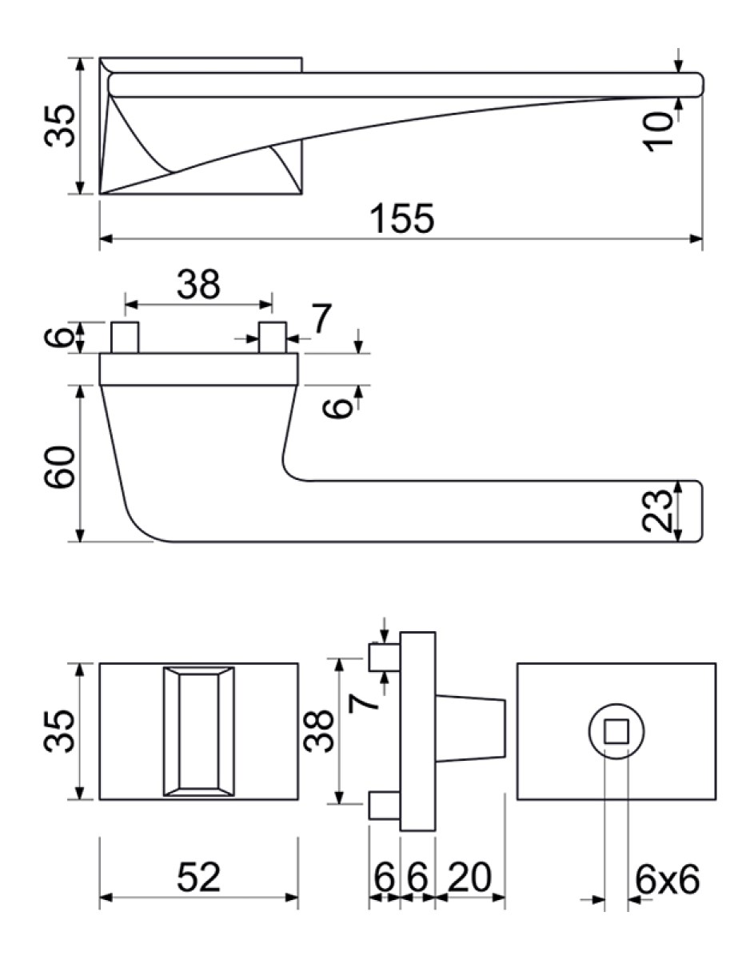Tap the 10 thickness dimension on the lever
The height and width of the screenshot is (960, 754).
point(657,132)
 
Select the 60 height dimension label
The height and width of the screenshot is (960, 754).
point(58,467)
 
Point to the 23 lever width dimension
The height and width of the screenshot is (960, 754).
point(656,510)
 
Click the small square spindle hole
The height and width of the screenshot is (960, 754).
point(616,731)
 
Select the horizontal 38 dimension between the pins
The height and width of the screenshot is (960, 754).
point(198,285)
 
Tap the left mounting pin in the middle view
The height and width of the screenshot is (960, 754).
point(125,338)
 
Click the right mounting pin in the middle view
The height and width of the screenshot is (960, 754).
point(273,338)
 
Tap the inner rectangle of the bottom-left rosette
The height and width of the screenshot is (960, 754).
point(198,731)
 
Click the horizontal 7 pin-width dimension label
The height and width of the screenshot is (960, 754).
point(321,320)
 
